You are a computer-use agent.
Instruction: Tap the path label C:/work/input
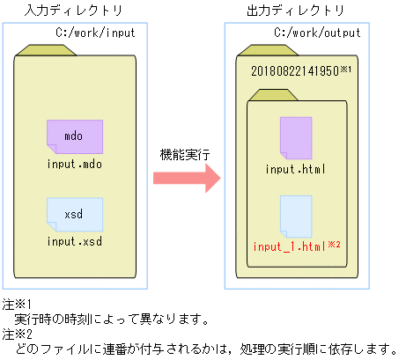pos(96,33)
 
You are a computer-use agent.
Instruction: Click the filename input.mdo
pos(75,165)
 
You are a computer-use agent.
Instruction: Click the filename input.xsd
pos(75,241)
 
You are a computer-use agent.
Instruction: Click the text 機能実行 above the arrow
pos(186,153)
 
